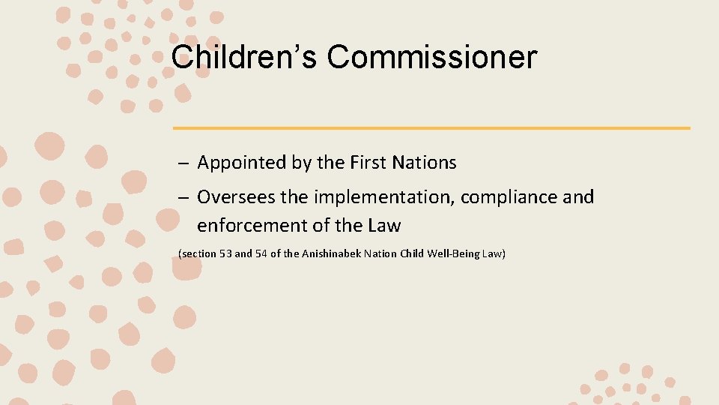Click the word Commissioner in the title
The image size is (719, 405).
432,57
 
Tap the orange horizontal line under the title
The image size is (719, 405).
431,128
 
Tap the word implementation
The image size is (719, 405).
383,197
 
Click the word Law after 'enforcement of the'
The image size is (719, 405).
384,225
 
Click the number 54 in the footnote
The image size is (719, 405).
262,254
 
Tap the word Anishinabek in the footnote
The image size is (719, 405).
332,254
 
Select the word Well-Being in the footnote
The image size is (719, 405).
453,254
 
